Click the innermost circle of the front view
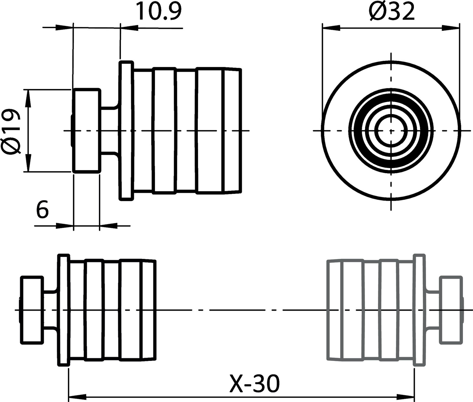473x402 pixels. tap(391, 130)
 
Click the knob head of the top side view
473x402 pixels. tap(87, 130)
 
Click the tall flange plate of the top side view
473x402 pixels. tap(126, 130)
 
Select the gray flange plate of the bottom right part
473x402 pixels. tap(418, 310)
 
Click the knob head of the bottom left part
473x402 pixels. tap(32, 310)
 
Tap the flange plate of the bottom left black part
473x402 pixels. tap(64, 310)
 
